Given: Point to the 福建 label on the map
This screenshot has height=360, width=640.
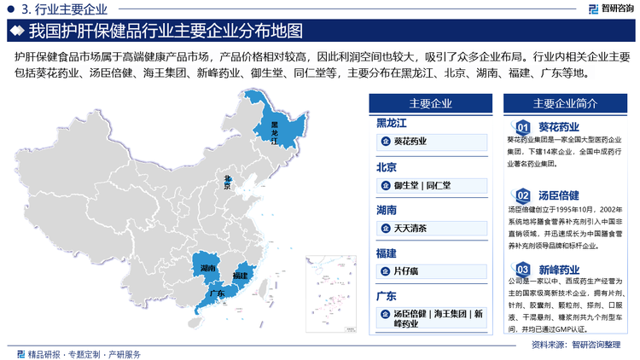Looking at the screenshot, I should (x=240, y=276).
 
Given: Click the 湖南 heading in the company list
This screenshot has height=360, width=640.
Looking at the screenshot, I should (x=387, y=209).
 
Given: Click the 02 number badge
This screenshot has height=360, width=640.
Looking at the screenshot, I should (x=524, y=196).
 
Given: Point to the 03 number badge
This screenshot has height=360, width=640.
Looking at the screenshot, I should (x=524, y=270).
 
